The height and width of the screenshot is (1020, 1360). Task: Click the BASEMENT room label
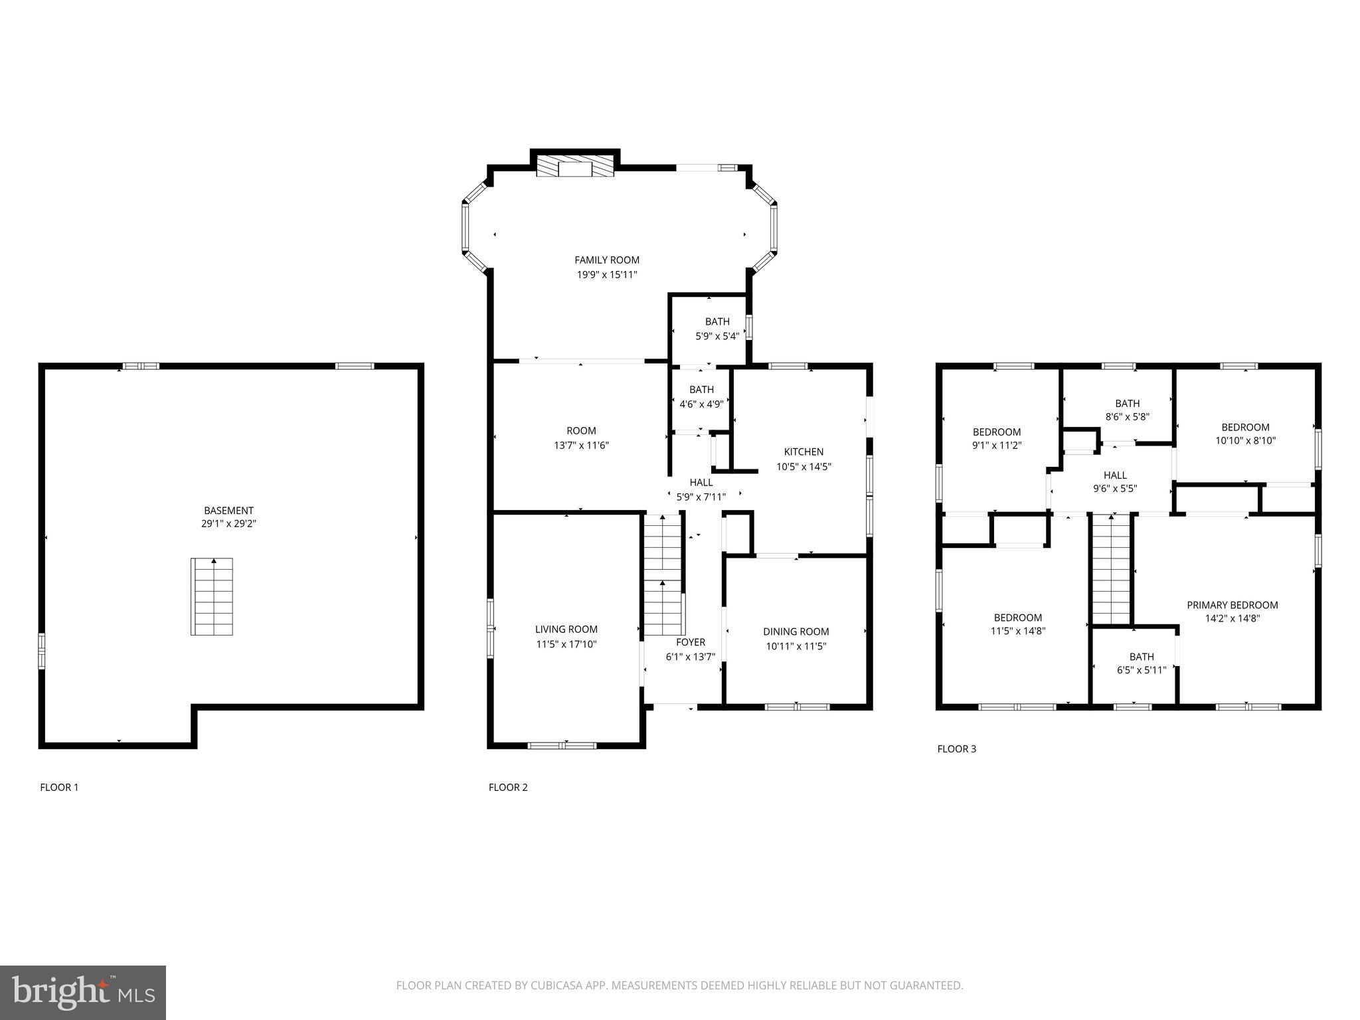click(228, 510)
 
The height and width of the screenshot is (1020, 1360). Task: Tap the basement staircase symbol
click(212, 596)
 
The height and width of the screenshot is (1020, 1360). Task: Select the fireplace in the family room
click(574, 166)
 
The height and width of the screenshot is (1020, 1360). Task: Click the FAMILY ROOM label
click(607, 260)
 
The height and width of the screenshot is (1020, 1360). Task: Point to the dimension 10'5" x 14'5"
click(804, 467)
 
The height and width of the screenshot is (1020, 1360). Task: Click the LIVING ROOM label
click(566, 629)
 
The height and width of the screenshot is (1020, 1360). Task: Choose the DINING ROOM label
click(796, 632)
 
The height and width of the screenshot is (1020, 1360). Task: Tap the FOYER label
click(691, 642)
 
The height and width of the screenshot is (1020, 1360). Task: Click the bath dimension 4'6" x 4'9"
click(701, 404)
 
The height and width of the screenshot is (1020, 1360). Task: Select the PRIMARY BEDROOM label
click(1232, 605)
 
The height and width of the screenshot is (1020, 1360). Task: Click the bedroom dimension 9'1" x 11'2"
click(996, 446)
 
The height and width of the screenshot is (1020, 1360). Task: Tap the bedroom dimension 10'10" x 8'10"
click(1245, 440)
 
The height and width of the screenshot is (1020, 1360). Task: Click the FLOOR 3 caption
click(956, 749)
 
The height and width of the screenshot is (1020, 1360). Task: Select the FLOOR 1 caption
click(59, 788)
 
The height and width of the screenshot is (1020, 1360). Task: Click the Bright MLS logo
click(83, 992)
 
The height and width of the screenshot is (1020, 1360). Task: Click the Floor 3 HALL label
click(1115, 475)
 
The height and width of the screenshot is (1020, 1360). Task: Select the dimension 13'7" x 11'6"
click(581, 446)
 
